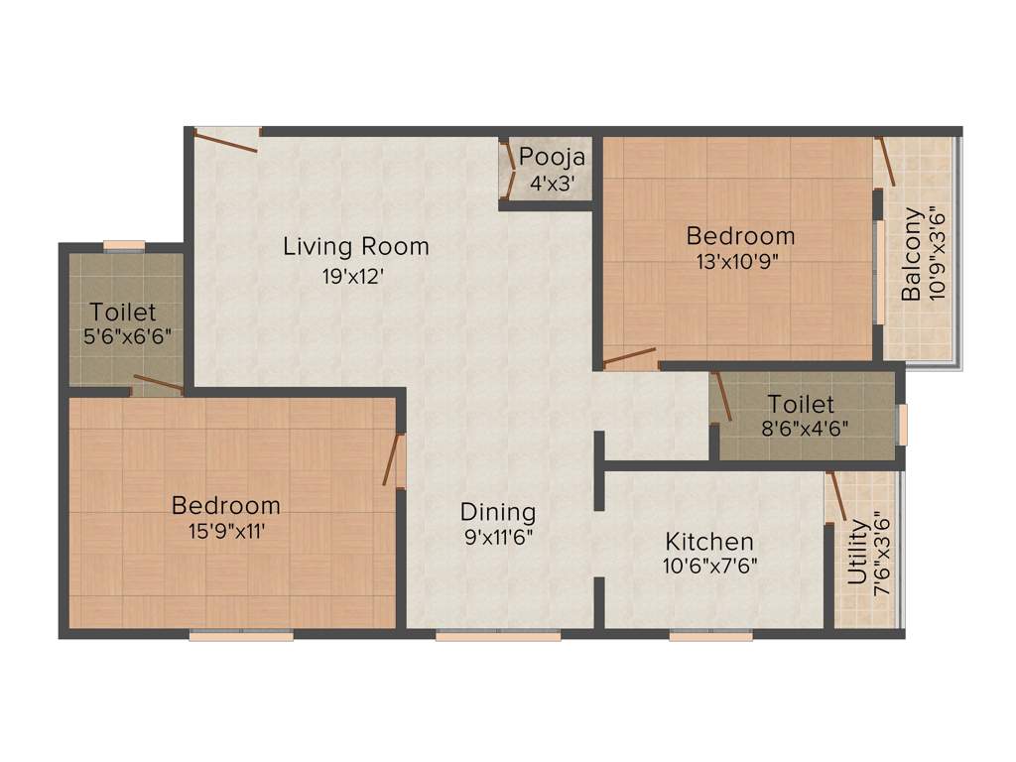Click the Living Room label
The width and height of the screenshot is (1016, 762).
[x=355, y=246]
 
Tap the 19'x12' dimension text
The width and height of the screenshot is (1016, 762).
[x=352, y=278]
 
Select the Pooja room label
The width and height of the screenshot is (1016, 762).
[x=553, y=157]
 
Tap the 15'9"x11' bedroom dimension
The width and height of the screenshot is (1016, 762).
[x=225, y=531]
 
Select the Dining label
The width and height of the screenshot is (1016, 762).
[x=497, y=512]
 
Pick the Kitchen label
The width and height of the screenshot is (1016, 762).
[x=708, y=542]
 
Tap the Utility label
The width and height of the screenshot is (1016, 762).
[x=857, y=556]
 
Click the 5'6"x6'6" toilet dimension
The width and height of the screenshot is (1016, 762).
[x=127, y=336]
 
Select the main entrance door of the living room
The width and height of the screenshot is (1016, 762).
[x=227, y=140]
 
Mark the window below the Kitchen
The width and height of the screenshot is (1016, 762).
[x=710, y=635]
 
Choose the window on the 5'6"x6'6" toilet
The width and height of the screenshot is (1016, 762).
[x=124, y=245]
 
